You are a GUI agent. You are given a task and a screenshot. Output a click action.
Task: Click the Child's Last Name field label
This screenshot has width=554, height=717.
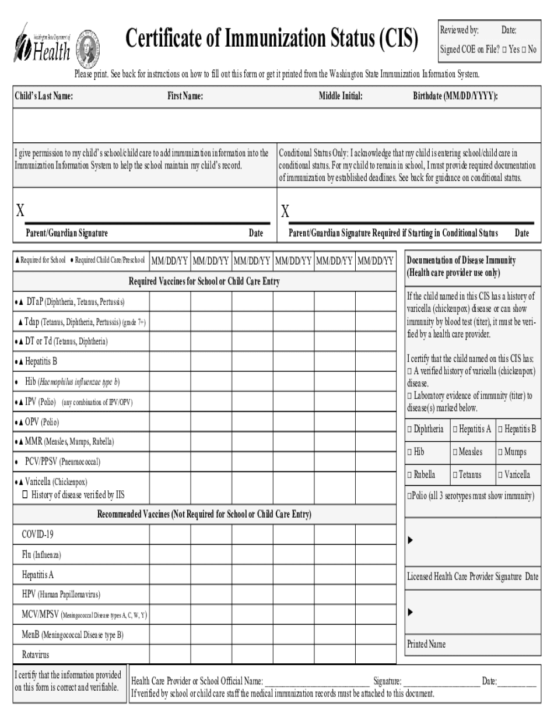coord(44,97)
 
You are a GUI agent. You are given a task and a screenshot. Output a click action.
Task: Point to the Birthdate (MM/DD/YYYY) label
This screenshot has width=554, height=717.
coord(455,97)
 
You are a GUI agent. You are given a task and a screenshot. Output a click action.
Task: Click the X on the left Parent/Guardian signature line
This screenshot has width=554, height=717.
coord(20,210)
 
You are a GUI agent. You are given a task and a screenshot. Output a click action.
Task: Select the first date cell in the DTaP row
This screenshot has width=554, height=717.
coord(170,302)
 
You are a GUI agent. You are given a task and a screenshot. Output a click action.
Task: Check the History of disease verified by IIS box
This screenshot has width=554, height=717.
coord(25,494)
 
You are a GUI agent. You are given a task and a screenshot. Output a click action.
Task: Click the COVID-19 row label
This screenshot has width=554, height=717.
coord(37,534)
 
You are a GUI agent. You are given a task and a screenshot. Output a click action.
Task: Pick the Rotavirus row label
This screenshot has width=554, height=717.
coord(36,654)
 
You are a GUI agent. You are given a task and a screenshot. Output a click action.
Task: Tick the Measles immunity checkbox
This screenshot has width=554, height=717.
coord(455,452)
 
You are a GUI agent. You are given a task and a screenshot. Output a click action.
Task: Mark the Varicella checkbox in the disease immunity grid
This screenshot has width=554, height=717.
coord(500,475)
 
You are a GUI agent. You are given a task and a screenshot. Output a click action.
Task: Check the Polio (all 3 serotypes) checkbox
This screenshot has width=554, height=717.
coord(409,495)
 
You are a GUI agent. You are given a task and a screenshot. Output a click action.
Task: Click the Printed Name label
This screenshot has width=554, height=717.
coord(426,644)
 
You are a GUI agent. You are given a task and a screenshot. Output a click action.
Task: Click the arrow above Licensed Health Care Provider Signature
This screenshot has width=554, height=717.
coord(410,540)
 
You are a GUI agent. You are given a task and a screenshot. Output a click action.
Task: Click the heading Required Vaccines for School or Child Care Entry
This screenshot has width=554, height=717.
coord(204,282)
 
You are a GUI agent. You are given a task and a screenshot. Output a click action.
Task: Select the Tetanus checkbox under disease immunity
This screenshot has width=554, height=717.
coord(455,475)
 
